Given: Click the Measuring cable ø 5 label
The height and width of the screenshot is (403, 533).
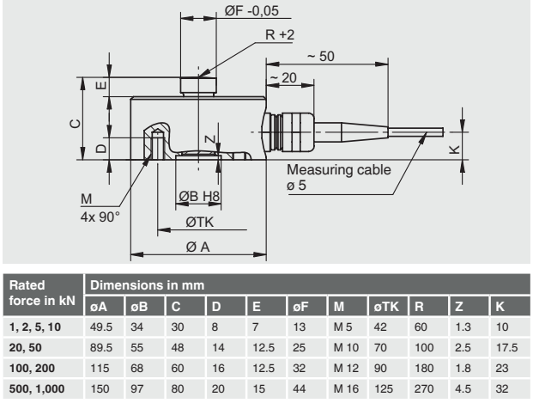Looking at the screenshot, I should [x=338, y=178].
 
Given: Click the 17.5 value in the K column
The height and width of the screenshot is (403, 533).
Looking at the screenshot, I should [x=506, y=348].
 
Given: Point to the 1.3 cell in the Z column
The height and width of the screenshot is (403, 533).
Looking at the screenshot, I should [x=461, y=327].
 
